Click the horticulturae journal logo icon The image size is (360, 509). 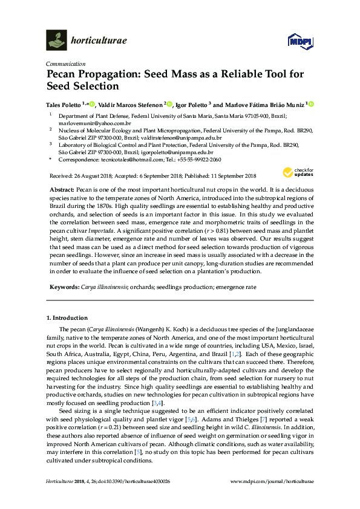pyautogui.click(x=56, y=41)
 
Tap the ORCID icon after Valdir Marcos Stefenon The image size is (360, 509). pyautogui.click(x=170, y=104)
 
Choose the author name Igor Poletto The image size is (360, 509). pyautogui.click(x=191, y=104)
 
